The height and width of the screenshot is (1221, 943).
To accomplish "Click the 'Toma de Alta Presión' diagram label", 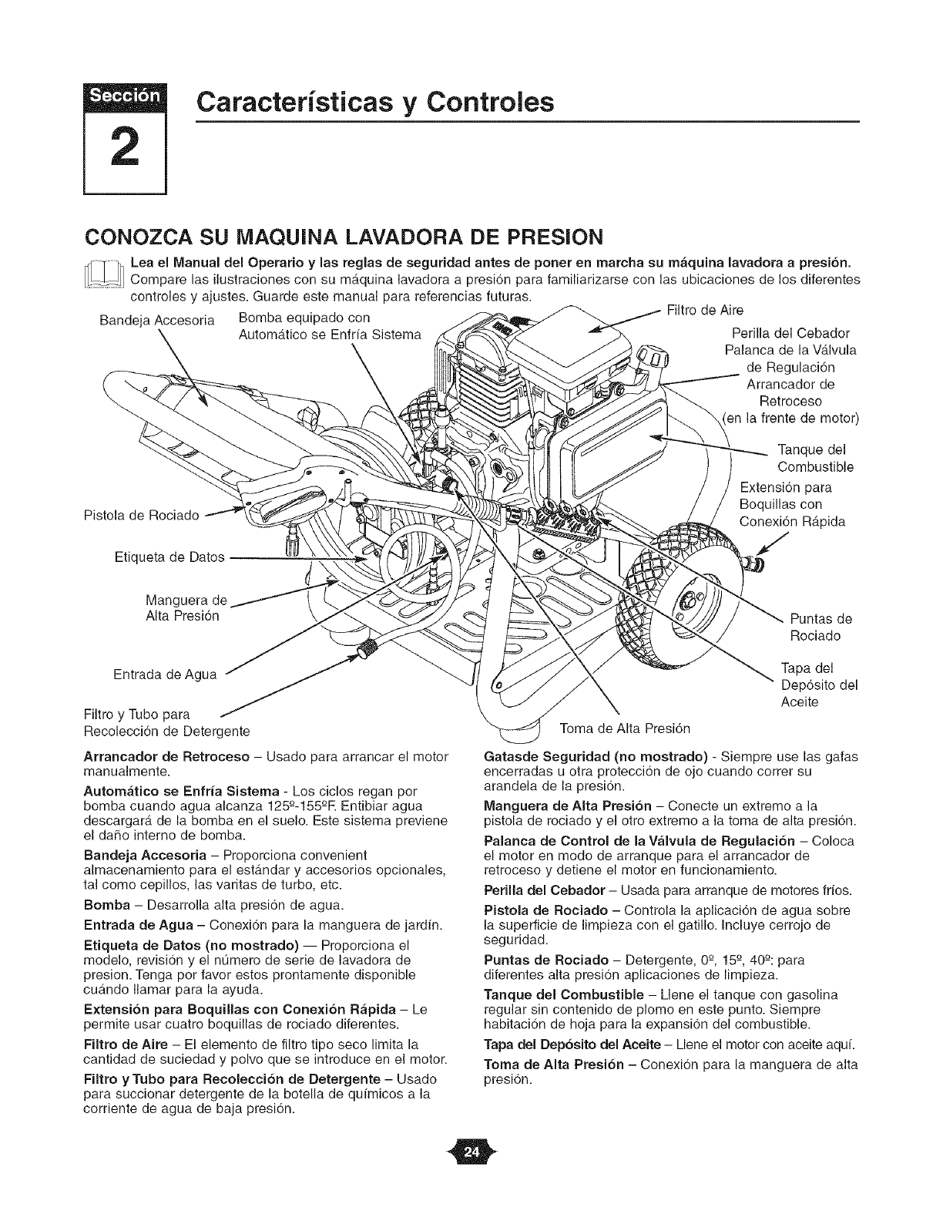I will tap(625, 728).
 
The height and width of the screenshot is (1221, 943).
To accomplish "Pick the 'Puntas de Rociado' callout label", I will tap(821, 627).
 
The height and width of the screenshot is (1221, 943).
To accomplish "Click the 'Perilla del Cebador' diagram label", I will tap(790, 333).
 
